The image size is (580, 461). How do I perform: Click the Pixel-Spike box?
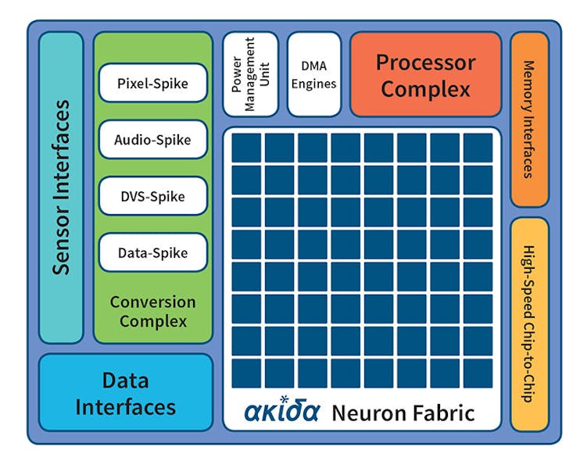coord(152,83)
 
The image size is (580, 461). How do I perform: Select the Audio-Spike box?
coord(152,140)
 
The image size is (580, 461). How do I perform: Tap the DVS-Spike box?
coord(152,196)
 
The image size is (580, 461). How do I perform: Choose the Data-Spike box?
coord(152,253)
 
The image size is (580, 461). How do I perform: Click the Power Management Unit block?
coord(250,73)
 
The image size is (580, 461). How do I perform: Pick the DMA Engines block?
coord(314,73)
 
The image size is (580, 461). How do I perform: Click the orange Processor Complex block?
coord(425,74)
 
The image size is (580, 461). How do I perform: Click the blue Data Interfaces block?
coord(125,392)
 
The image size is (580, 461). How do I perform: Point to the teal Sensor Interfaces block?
coord(61,188)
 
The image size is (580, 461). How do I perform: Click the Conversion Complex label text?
coord(152,311)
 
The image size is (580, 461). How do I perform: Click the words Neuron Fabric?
coord(403,413)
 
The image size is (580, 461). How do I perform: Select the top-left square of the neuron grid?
coord(246,148)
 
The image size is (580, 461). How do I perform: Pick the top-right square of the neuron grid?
coord(478,148)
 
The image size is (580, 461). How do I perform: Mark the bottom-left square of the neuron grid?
coord(246,373)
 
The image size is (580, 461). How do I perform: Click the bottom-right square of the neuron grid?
coord(478,373)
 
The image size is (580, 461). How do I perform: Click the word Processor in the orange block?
coord(425,62)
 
